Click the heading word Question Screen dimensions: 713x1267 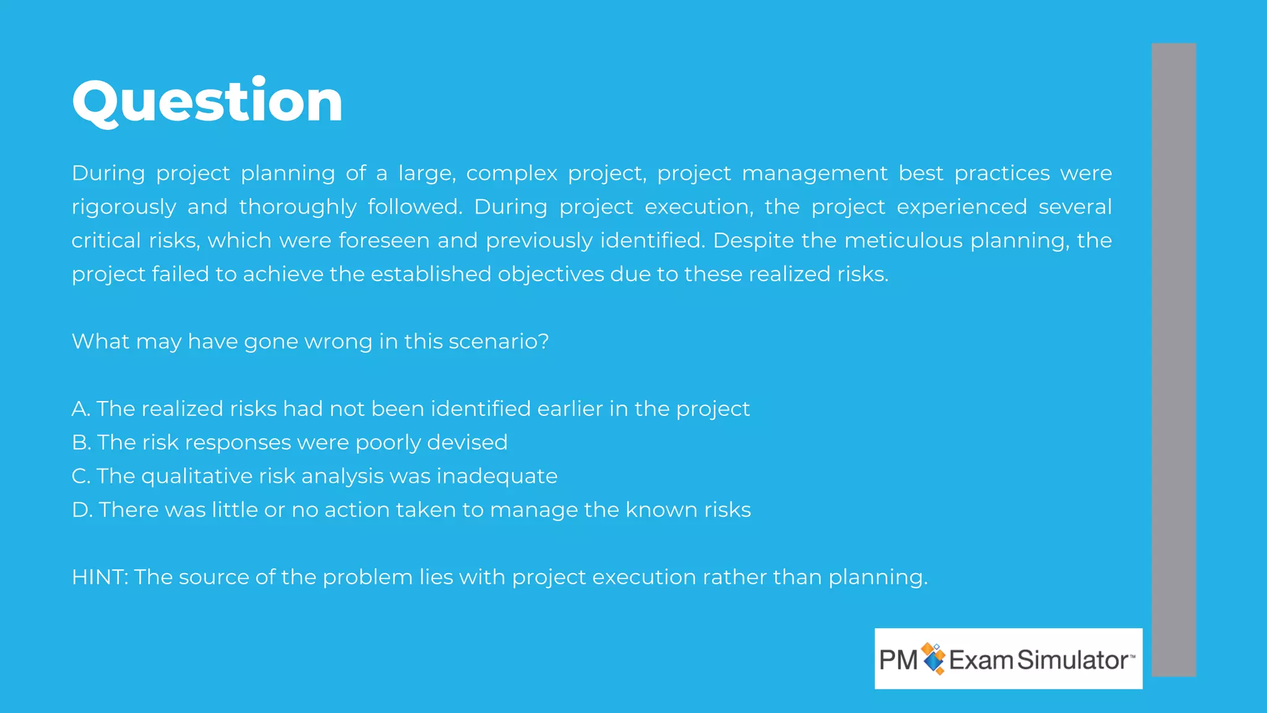[207, 102]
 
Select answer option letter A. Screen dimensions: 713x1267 [80, 409]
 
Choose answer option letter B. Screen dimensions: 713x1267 [80, 443]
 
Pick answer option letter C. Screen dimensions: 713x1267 [80, 477]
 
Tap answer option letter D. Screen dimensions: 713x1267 [81, 510]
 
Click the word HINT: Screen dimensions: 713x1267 [100, 577]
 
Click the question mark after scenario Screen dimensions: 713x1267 [544, 342]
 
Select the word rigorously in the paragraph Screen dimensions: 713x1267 [124, 207]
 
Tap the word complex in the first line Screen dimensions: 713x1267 [512, 173]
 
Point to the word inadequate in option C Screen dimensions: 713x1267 [497, 477]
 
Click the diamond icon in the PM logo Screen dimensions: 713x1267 [934, 659]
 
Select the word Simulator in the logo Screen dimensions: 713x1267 [1073, 660]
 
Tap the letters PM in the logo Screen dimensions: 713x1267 [898, 660]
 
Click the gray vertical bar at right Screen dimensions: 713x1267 [1174, 359]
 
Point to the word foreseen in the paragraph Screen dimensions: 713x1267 [384, 241]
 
